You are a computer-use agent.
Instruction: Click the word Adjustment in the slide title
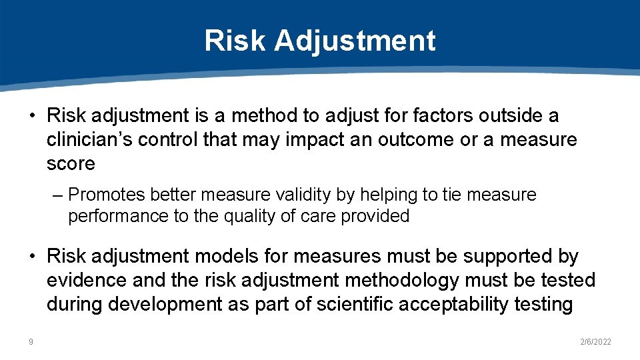[x=355, y=41]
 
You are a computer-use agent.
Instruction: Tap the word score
[x=71, y=164]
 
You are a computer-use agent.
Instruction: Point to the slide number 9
[x=31, y=342]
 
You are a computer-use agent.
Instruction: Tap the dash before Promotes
[x=59, y=195]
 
